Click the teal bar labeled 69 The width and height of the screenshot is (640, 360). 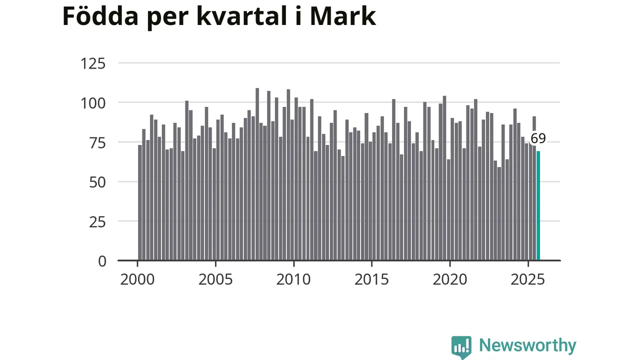(x=538, y=205)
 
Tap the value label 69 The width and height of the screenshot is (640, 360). (x=538, y=138)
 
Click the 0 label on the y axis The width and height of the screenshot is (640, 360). (x=102, y=261)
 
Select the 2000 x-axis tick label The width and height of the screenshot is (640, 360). (x=137, y=279)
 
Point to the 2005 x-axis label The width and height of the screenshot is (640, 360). (x=215, y=279)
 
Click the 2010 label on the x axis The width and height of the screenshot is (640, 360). (x=293, y=279)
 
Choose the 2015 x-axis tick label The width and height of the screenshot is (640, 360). (x=371, y=279)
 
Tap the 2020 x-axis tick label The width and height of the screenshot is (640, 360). (x=449, y=279)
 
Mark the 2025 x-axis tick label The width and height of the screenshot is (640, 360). (x=527, y=279)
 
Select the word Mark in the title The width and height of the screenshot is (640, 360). (x=342, y=16)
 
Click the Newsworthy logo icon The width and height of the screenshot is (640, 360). (x=461, y=346)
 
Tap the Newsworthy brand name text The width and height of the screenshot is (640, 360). (x=527, y=345)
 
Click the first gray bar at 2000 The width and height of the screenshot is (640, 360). (x=140, y=202)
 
